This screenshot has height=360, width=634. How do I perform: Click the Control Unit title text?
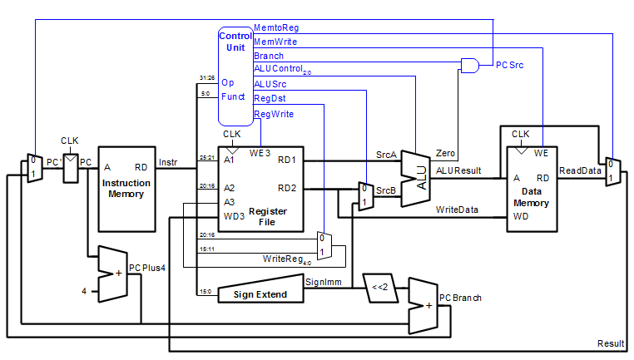click(235, 42)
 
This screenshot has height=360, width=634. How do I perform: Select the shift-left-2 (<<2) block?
click(380, 288)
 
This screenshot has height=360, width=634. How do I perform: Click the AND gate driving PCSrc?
click(470, 64)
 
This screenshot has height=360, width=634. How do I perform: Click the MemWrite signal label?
click(275, 42)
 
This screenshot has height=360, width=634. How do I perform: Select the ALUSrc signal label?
click(270, 84)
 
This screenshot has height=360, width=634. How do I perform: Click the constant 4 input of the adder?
click(83, 290)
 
